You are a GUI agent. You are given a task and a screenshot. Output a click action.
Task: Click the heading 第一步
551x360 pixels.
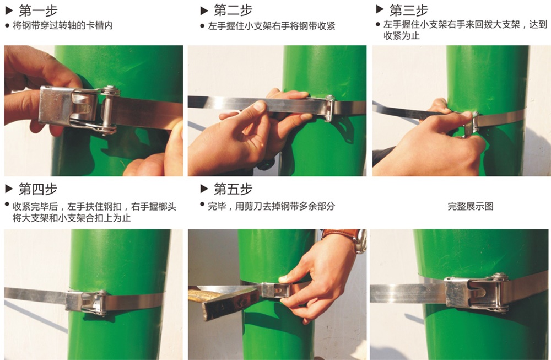coord(38,11)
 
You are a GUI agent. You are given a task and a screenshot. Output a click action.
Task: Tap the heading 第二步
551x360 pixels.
coord(233,10)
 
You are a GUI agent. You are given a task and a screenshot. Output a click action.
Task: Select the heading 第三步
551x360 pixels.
coord(409,10)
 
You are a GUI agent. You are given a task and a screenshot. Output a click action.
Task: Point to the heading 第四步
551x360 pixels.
coord(38,189)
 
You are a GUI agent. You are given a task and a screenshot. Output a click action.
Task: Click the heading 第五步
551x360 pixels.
coord(233,189)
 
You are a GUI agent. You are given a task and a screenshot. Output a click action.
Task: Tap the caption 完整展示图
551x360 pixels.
coord(470,206)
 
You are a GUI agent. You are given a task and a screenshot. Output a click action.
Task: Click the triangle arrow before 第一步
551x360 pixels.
coord(9,11)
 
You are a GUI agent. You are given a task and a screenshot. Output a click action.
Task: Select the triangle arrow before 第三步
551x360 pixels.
coord(380,9)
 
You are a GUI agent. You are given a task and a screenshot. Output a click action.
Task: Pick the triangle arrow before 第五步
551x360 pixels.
coord(204,189)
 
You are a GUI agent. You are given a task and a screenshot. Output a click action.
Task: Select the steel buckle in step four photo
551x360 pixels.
coord(86,302)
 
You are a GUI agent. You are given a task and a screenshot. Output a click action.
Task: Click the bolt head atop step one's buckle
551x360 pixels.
coord(110,89)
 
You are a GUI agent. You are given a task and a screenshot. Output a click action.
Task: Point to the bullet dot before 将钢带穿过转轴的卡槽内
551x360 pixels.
coord(7,26)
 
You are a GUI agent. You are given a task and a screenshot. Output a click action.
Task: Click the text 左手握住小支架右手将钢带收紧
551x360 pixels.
coord(271,26)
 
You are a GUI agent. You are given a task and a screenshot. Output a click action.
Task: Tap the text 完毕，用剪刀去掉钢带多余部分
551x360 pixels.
coord(271,206)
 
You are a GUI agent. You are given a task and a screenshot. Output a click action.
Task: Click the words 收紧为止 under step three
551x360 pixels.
coord(402,35)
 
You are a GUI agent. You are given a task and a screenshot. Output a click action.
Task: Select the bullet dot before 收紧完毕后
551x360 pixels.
coord(7,205)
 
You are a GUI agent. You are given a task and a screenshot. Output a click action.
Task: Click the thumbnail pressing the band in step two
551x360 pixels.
coord(260,106)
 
